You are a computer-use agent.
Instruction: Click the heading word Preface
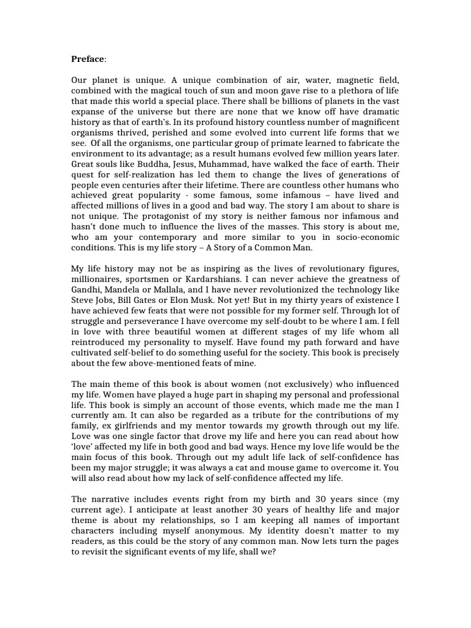pyautogui.click(x=88, y=59)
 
